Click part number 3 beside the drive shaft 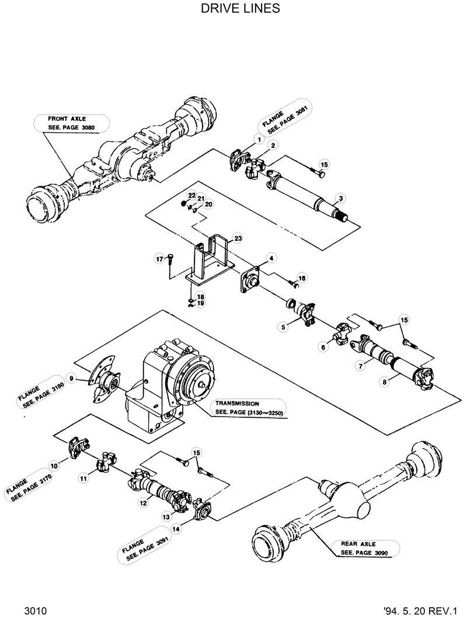tap(340, 198)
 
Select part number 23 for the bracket tap(238, 238)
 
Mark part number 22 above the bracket tap(191, 195)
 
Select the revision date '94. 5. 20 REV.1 tap(419, 610)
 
